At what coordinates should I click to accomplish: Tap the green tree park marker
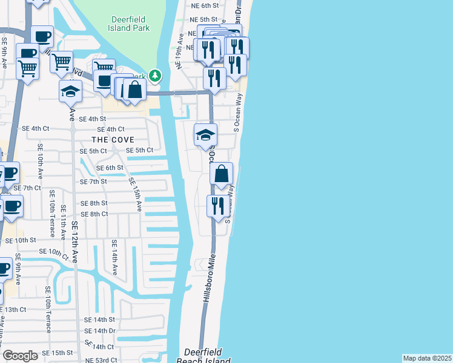156,76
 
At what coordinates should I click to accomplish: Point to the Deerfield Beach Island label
207,356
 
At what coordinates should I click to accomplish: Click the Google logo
21,356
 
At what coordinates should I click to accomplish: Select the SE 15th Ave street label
134,194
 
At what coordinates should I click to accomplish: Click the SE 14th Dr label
100,331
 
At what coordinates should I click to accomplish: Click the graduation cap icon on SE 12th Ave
70,92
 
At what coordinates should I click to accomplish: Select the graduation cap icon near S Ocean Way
206,135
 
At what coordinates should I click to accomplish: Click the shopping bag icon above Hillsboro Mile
222,174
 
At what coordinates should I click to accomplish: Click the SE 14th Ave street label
113,257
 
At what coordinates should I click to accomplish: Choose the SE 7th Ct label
25,188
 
